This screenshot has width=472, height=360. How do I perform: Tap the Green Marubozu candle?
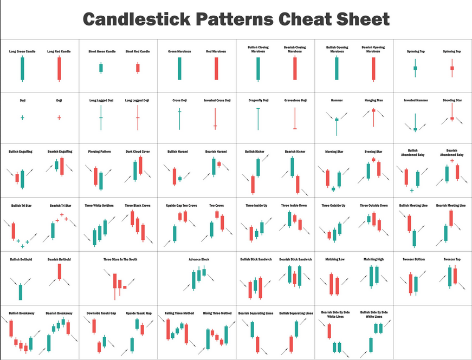(x=180, y=69)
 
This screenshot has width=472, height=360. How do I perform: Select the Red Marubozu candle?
(x=216, y=69)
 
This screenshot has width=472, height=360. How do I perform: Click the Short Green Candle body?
(x=101, y=68)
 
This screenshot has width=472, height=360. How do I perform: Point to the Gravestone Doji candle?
(x=295, y=119)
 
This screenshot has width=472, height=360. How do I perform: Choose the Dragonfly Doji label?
(x=258, y=101)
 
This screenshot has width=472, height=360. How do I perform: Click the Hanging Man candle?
(x=373, y=117)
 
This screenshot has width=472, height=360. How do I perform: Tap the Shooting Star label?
(x=452, y=101)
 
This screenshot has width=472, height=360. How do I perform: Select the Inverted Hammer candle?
(x=416, y=123)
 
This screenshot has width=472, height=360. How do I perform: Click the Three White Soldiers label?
(x=99, y=206)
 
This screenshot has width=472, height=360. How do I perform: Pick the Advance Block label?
(x=199, y=259)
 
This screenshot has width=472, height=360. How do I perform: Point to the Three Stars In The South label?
(x=120, y=259)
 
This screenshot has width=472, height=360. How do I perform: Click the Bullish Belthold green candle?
(x=21, y=292)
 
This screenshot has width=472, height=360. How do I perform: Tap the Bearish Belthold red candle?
(x=60, y=272)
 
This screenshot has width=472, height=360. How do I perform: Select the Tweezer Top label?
(x=452, y=259)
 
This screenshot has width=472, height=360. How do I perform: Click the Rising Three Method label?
(x=217, y=313)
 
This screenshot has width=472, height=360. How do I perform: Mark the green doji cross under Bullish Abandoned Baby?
(x=412, y=191)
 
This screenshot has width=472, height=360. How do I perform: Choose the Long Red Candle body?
(x=59, y=69)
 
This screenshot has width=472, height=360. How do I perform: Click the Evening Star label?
(x=373, y=152)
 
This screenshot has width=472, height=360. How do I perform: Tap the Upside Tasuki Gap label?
(x=139, y=313)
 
